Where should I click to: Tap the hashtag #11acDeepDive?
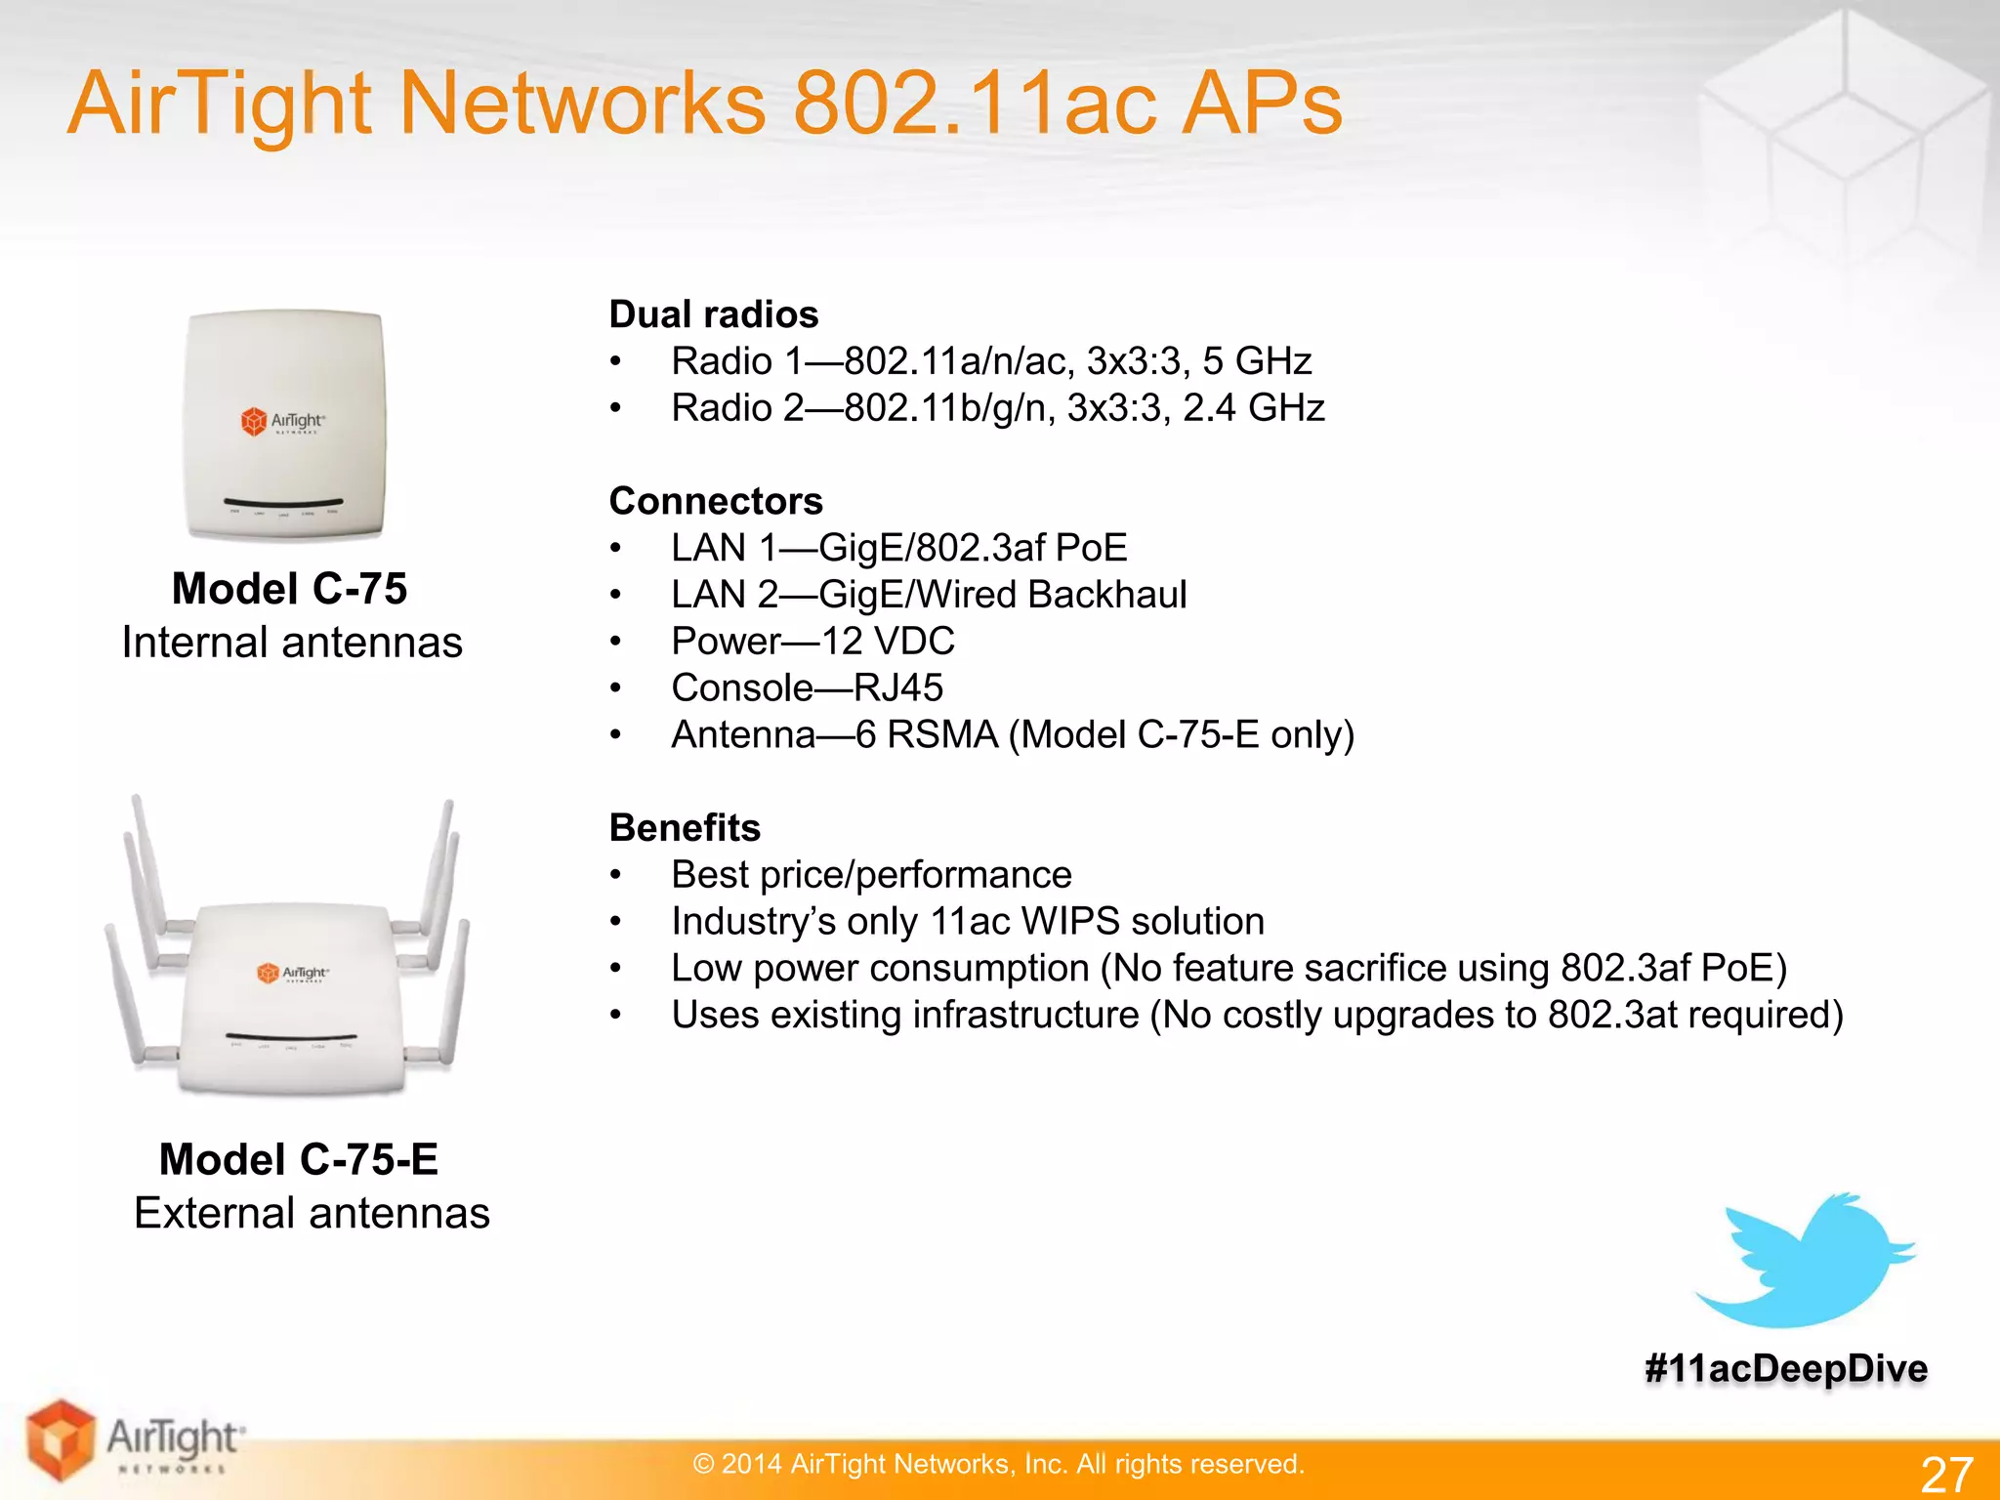[1786, 1369]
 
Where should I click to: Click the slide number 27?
[1946, 1473]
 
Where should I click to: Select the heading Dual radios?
[714, 314]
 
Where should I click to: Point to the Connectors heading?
[716, 501]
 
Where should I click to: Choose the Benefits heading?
[685, 828]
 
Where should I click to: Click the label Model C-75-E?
[299, 1160]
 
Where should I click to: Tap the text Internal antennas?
[292, 643]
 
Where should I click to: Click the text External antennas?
[312, 1214]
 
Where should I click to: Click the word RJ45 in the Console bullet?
[898, 688]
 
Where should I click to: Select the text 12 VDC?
[888, 642]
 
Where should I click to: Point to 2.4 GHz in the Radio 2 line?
[1254, 408]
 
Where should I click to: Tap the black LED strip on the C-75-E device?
[291, 1036]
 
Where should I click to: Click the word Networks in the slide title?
[583, 104]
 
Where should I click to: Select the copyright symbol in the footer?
[703, 1464]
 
